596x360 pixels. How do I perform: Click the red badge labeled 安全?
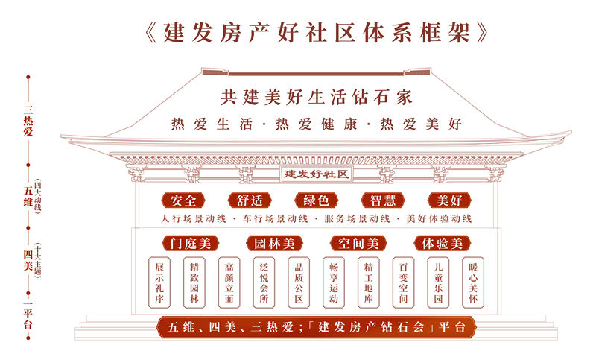(183, 200)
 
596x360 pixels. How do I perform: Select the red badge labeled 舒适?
(250, 200)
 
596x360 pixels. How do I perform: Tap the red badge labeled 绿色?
(316, 200)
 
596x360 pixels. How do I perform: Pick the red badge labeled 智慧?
(383, 200)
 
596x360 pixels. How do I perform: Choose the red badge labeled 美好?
(449, 200)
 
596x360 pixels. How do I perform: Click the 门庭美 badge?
(191, 243)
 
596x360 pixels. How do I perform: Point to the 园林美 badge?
(274, 243)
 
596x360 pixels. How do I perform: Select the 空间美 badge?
(358, 243)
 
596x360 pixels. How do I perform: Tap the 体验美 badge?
(442, 243)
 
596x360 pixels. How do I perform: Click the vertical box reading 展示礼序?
(159, 282)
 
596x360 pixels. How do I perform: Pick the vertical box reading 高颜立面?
(229, 282)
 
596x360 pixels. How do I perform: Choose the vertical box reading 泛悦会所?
(264, 282)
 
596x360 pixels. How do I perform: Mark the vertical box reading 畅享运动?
(334, 282)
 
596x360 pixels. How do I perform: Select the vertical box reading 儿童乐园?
(438, 282)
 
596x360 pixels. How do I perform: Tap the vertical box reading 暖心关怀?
(473, 282)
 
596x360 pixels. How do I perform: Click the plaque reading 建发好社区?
(316, 174)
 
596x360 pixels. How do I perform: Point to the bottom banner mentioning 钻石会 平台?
(316, 327)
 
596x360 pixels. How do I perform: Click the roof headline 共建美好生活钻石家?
(316, 98)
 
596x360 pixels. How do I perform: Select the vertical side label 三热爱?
(28, 121)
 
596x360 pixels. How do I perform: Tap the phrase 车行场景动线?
(276, 218)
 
